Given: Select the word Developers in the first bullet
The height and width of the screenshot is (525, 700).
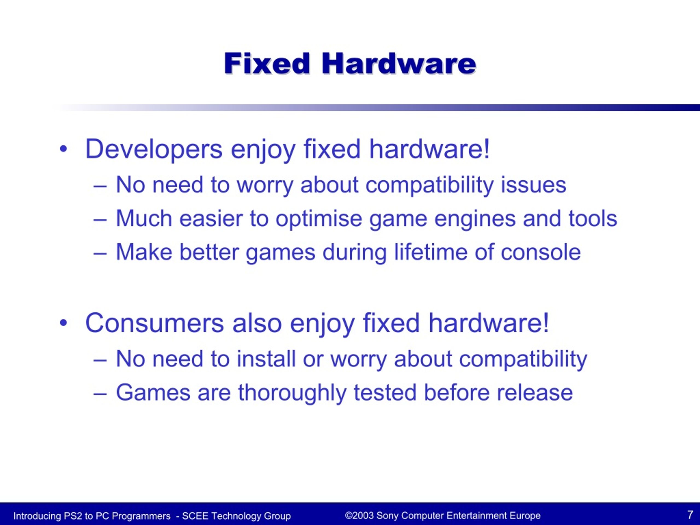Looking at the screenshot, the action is [154, 149].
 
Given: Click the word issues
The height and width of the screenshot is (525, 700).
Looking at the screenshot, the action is [533, 185].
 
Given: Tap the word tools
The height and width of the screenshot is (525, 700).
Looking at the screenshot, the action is [593, 218].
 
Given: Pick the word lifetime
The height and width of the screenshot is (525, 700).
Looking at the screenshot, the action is [430, 252].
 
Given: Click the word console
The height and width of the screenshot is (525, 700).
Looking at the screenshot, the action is [541, 252].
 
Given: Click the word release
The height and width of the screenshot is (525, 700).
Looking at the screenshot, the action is [535, 393].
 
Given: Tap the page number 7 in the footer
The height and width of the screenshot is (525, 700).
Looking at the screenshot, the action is [690, 515].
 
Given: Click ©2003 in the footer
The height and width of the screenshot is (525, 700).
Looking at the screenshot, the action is [359, 515].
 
